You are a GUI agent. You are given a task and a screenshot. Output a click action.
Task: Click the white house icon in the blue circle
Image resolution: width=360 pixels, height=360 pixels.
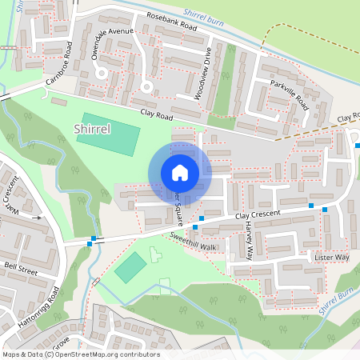pos(180,172)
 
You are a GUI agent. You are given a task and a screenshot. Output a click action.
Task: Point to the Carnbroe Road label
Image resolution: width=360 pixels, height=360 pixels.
pos(63,70)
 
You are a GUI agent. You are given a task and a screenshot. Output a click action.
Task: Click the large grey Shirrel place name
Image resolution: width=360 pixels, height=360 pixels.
pos(92,128)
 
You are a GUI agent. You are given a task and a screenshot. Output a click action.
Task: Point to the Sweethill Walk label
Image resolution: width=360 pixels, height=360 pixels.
pos(193,242)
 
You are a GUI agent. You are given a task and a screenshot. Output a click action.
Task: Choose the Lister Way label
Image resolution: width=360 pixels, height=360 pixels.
pos(332,258)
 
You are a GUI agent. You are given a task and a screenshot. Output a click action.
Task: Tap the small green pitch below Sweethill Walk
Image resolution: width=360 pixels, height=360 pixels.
pos(130,266)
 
